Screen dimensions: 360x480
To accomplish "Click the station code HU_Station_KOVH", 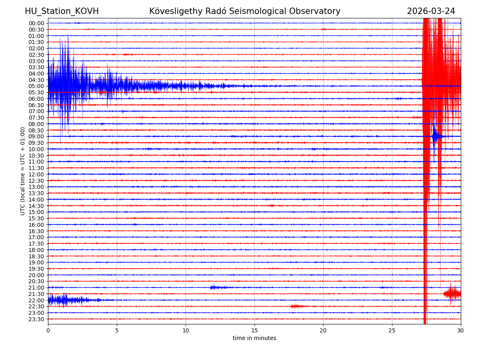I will [x=62, y=11].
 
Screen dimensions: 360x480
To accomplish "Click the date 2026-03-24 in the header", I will [x=431, y=11].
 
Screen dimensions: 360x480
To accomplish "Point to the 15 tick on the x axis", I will [x=254, y=331].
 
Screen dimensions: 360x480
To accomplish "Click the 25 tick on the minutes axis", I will [x=392, y=331].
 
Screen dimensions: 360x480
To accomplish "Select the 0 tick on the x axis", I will [x=48, y=331].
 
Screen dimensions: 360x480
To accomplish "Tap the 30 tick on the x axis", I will [x=461, y=331].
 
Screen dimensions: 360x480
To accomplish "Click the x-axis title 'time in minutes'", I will [x=254, y=338].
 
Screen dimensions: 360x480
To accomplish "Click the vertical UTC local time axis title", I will [x=23, y=171].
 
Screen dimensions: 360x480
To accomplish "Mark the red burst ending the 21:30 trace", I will [x=452, y=294].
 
